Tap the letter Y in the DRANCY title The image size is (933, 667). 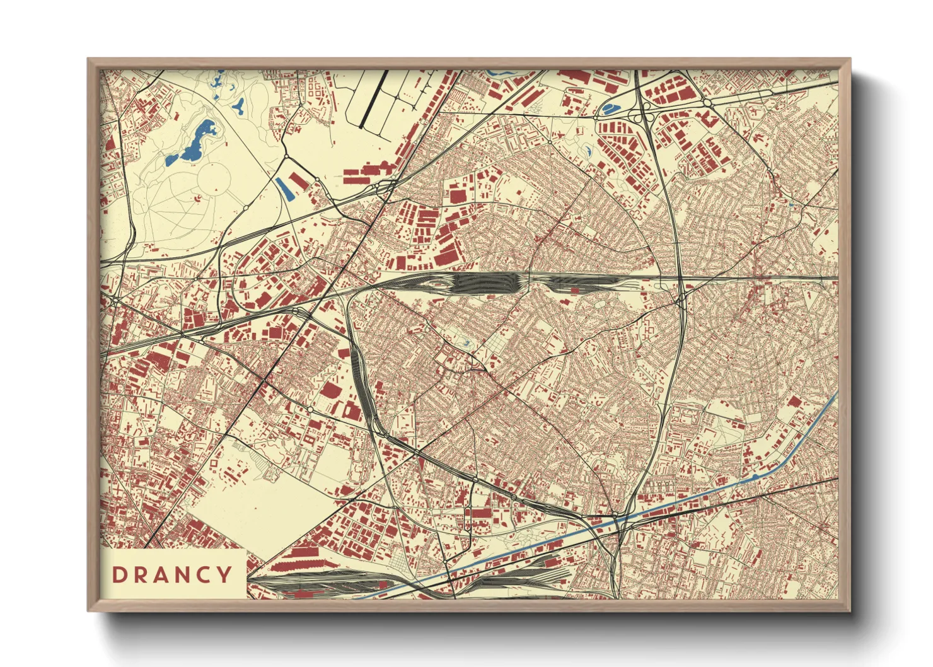(224, 574)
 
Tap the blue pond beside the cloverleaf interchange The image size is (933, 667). (608, 108)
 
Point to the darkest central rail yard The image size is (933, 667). (482, 282)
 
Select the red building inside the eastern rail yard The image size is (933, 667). (574, 289)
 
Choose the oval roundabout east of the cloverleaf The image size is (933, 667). (707, 103)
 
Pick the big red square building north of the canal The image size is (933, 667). (794, 402)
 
